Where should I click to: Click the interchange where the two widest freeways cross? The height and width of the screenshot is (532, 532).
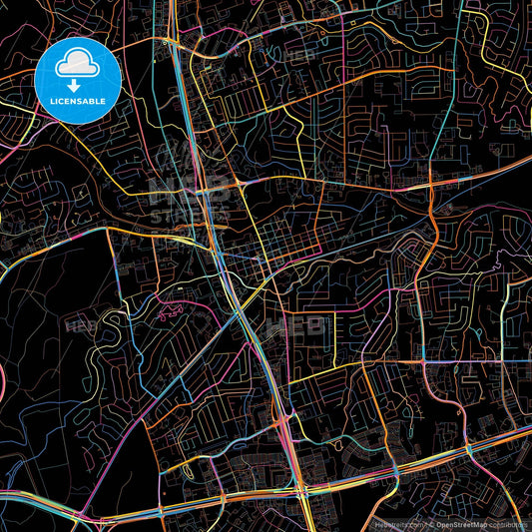(x=297, y=489)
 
